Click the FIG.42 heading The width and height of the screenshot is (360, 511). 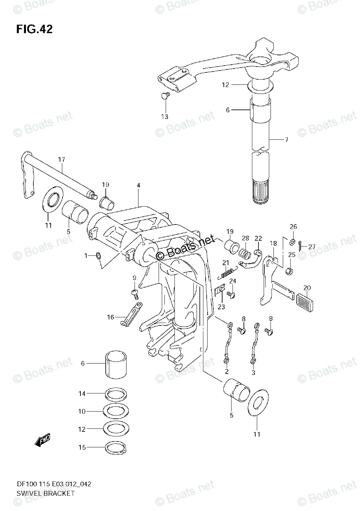pos(34,29)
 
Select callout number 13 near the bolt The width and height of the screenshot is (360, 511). pos(165,116)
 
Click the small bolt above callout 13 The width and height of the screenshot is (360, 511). pos(165,95)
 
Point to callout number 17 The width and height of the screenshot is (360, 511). pos(62,160)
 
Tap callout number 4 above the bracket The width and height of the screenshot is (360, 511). pos(138,185)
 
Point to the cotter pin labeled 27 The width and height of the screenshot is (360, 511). pos(301,244)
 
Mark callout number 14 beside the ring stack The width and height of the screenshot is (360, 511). pos(82,394)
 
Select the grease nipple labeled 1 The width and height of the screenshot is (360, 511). pos(99,255)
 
